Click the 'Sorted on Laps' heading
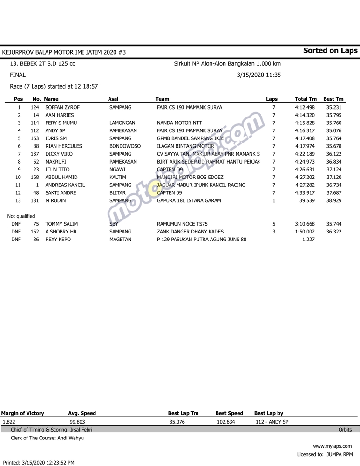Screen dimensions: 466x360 point(330,51)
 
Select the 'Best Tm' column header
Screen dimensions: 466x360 point(333,99)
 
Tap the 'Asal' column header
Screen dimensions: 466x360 point(113,99)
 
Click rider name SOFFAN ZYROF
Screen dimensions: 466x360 point(62,107)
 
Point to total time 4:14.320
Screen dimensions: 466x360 point(305,115)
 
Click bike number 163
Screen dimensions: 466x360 point(34,138)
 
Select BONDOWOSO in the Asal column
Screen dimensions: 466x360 point(125,146)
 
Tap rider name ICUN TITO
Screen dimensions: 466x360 point(57,170)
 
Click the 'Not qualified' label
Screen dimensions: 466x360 point(21,216)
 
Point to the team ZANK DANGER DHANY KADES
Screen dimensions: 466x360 point(190,232)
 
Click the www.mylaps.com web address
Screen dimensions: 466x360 point(333,446)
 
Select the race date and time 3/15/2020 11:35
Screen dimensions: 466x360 point(258,75)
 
